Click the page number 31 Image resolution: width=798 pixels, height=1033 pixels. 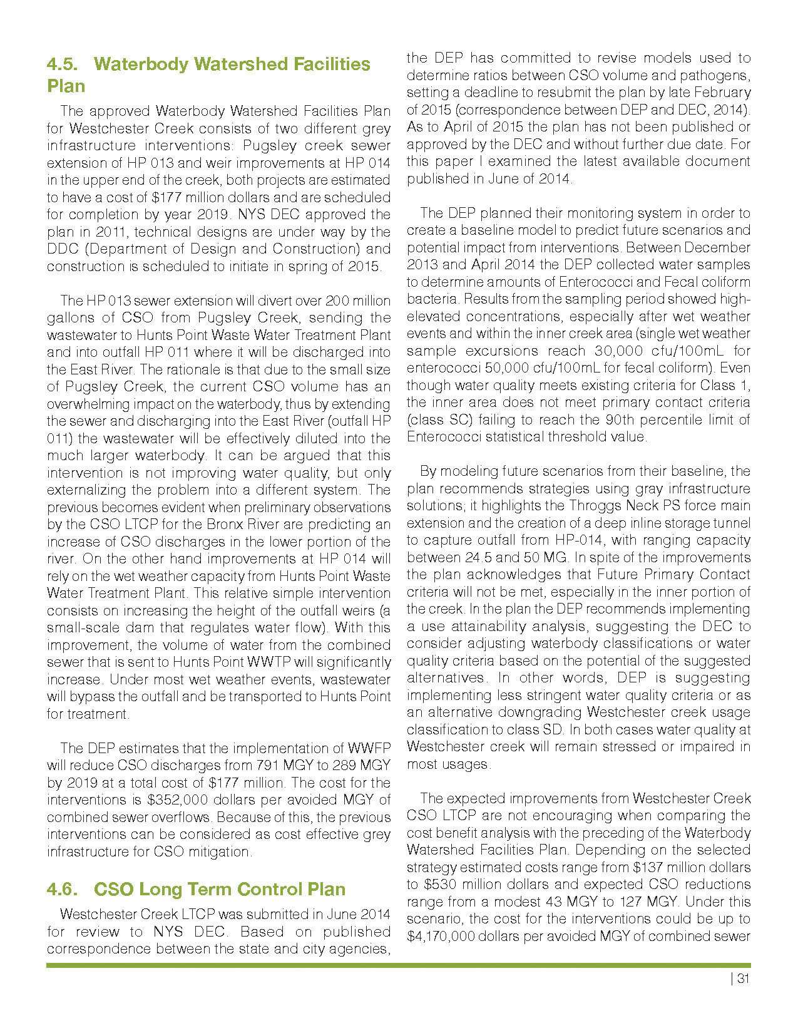point(743,980)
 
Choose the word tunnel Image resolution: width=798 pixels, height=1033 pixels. point(732,523)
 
